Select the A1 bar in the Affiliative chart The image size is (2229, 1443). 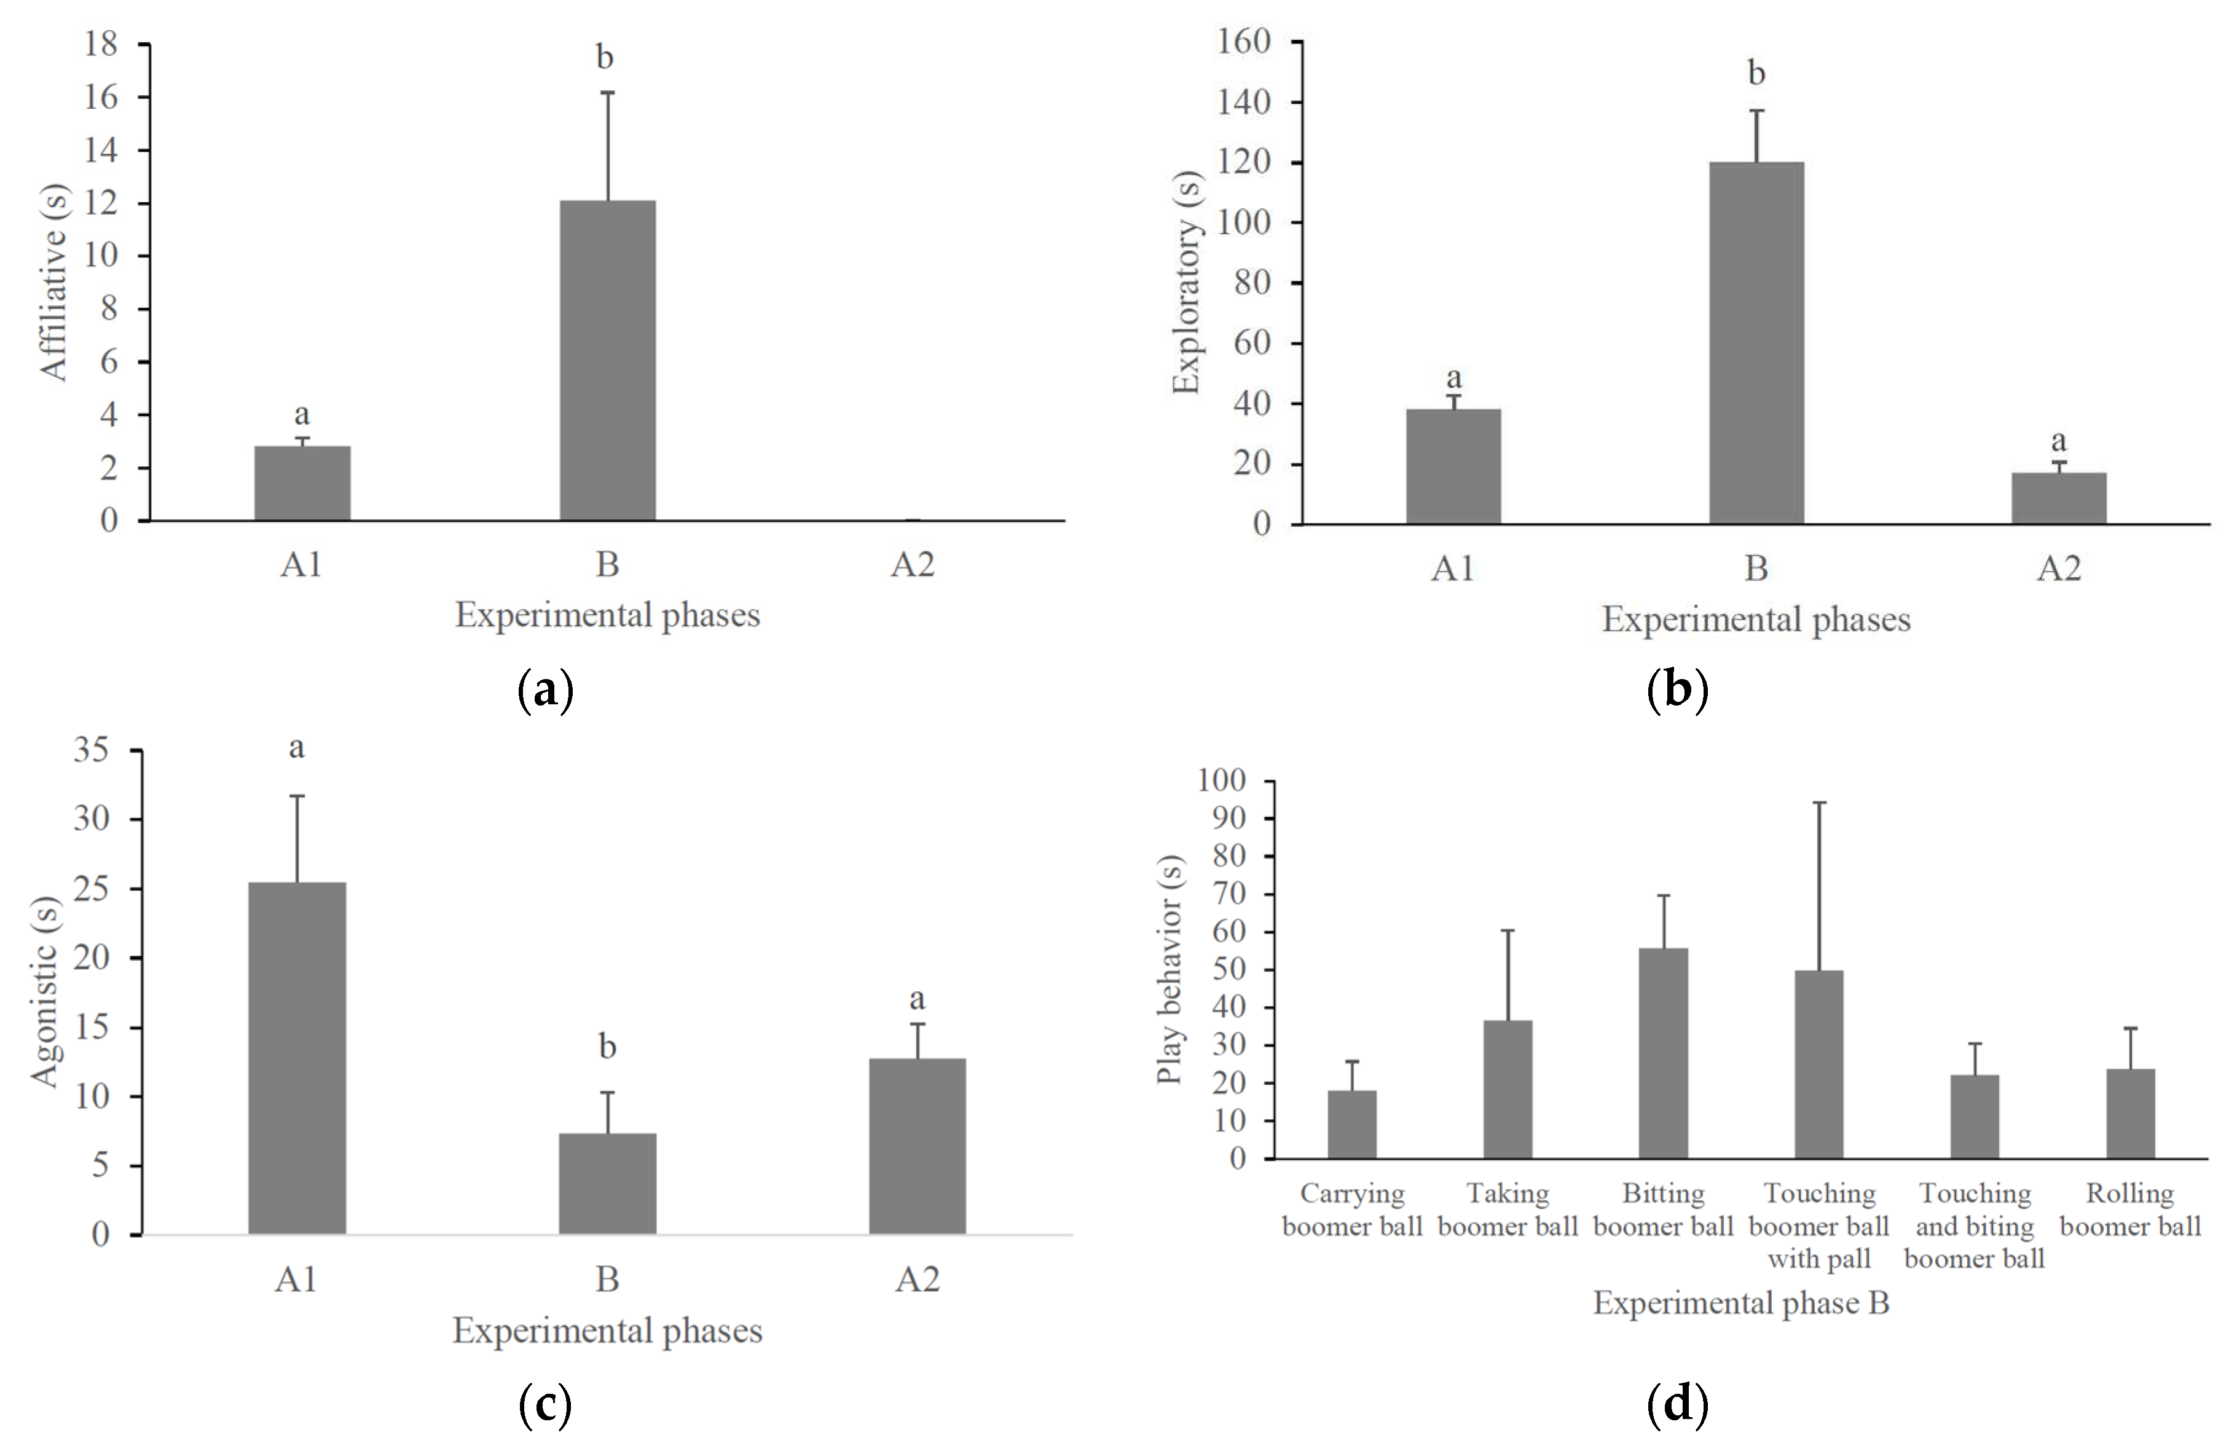click(302, 482)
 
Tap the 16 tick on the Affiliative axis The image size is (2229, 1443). click(101, 96)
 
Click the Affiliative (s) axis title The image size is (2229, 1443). click(53, 282)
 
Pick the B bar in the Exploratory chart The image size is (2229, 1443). click(1756, 343)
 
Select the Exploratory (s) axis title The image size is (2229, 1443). click(1187, 282)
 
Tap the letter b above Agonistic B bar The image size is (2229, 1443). click(607, 1046)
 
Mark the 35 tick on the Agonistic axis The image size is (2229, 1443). click(92, 749)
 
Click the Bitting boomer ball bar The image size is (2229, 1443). click(1664, 1053)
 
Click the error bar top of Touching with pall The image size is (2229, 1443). click(1819, 803)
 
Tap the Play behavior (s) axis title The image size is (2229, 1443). click(1169, 969)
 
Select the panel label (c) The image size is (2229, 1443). click(545, 1405)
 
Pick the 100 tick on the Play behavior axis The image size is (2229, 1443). click(1221, 780)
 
